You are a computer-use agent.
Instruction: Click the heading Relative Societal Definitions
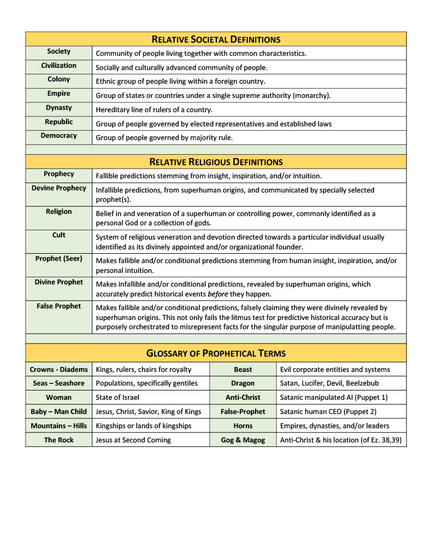[216, 39]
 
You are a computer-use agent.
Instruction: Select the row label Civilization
[59, 66]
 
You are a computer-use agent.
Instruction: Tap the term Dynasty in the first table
[59, 108]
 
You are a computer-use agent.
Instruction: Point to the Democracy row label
[59, 136]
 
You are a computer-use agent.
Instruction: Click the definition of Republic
[214, 124]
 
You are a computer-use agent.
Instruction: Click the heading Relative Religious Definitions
[216, 162]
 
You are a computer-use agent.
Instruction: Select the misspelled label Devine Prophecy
[59, 188]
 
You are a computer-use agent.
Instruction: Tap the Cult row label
[59, 235]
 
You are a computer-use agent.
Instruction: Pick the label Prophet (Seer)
[59, 259]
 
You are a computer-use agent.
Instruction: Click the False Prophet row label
[59, 306]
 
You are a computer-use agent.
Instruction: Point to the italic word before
[217, 293]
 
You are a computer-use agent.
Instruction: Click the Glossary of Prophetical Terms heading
[216, 353]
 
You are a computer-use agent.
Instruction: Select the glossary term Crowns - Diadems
[59, 370]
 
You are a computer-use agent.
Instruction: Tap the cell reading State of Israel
[119, 398]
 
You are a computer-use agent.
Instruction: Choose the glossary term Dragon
[243, 383]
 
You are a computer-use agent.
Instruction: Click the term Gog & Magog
[243, 440]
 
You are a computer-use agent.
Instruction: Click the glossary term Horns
[243, 426]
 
